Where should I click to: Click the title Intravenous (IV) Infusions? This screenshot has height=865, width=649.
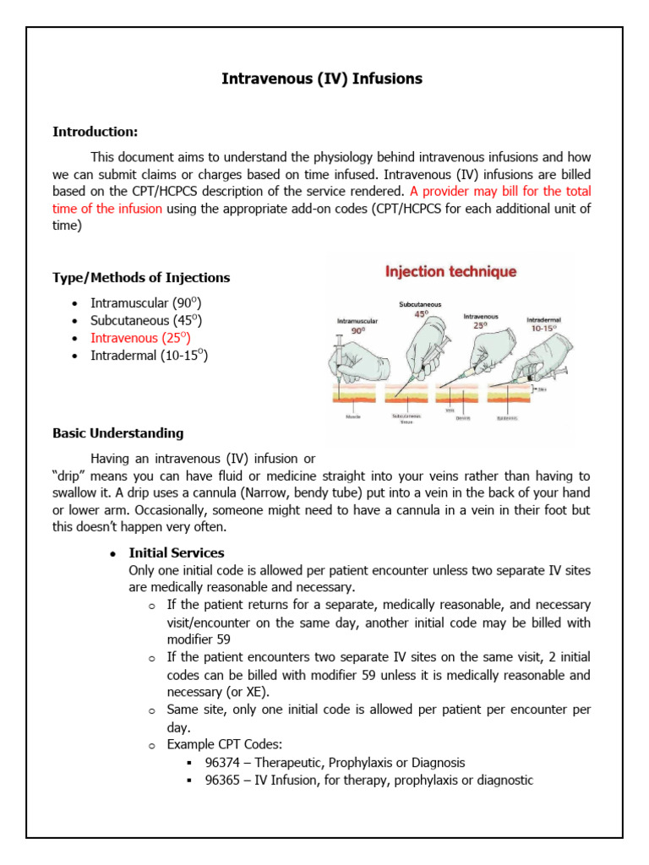tap(321, 79)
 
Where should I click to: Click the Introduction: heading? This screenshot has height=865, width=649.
tap(95, 132)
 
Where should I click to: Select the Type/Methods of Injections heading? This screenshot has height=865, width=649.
tap(140, 278)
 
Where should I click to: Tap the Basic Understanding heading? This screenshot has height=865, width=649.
tap(117, 433)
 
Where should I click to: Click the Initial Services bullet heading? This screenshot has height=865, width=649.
tap(176, 553)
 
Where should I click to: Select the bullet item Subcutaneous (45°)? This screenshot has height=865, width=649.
tap(145, 320)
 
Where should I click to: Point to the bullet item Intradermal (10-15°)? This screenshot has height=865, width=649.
tap(149, 356)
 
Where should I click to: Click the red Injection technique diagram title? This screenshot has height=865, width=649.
tap(450, 272)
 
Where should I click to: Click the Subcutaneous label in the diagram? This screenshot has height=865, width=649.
tap(420, 304)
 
